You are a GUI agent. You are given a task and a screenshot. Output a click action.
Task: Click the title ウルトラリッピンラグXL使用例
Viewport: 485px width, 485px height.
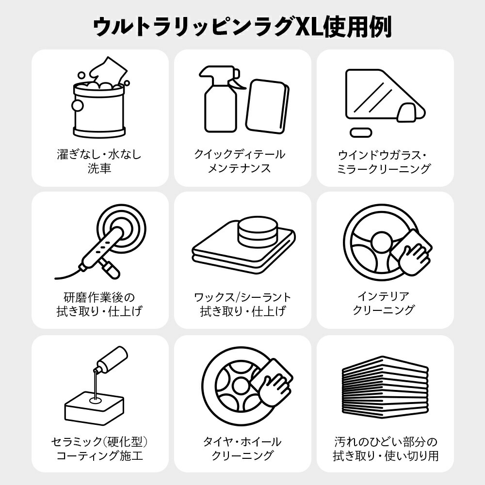(x=242, y=27)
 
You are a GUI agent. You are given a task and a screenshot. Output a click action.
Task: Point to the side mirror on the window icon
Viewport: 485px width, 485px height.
(x=407, y=113)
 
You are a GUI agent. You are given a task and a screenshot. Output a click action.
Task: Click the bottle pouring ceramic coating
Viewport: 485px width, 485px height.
(x=110, y=361)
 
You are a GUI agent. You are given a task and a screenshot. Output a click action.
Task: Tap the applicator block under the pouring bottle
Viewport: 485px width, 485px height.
(x=95, y=408)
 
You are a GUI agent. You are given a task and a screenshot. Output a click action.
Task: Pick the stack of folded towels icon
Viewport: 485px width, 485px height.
(x=385, y=387)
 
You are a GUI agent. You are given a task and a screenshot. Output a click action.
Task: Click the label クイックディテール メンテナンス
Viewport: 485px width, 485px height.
(x=240, y=161)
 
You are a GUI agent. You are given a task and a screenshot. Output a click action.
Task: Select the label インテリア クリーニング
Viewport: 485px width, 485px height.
(x=384, y=303)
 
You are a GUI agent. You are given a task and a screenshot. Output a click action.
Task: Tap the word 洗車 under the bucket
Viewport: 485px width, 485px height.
(x=99, y=168)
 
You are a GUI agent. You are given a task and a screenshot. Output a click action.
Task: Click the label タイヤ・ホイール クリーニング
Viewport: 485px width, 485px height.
(x=242, y=449)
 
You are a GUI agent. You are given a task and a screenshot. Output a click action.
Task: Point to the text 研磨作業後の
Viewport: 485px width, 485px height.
(x=99, y=297)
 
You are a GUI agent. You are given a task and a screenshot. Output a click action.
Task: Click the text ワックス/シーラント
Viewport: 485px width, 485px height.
(x=242, y=297)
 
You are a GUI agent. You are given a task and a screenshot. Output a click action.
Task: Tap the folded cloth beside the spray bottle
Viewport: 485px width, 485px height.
(x=268, y=107)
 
